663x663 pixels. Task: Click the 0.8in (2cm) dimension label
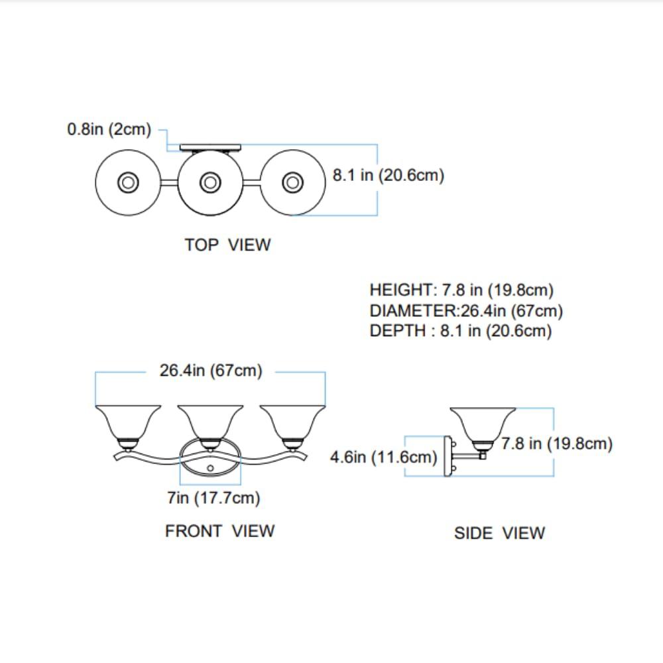109,129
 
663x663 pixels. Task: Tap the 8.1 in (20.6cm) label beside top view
388,175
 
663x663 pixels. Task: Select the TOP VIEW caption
227,245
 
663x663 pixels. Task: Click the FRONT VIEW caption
219,531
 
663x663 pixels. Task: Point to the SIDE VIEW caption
499,533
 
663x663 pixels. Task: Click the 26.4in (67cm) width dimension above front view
211,371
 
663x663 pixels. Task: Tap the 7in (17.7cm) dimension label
213,498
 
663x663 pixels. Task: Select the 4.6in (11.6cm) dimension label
383,457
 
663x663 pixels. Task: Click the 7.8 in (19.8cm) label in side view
557,444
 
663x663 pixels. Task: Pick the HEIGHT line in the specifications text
461,290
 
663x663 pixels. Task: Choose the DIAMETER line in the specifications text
466,311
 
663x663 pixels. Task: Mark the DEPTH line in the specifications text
461,331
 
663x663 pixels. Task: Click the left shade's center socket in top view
128,183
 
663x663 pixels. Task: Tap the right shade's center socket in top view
292,183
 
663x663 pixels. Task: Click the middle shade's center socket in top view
210,183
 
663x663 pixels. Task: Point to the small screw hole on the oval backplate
210,468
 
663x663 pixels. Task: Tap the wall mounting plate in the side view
448,457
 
